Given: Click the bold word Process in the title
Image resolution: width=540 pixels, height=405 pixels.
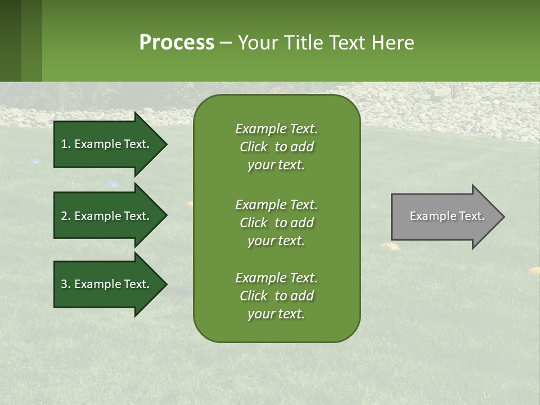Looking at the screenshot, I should click(177, 43).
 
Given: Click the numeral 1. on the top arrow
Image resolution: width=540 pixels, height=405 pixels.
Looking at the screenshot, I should click(66, 144).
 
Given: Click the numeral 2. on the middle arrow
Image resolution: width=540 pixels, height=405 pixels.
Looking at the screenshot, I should click(66, 216).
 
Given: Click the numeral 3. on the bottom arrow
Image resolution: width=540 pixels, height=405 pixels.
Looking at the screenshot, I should click(66, 284).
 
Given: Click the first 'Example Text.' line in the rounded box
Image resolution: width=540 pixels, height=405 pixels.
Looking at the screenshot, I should click(276, 129).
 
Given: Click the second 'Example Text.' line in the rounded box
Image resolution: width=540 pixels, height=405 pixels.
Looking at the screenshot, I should click(276, 205).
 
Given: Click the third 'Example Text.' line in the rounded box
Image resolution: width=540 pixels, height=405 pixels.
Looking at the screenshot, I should click(276, 278).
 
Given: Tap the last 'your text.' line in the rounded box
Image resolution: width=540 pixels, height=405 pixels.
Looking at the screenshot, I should click(276, 314).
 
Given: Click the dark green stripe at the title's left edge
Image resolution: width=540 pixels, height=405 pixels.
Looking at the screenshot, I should click(10, 40).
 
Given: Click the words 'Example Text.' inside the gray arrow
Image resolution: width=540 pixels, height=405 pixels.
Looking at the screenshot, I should click(447, 216).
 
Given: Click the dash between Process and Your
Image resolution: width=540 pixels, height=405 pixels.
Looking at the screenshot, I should click(226, 43).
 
